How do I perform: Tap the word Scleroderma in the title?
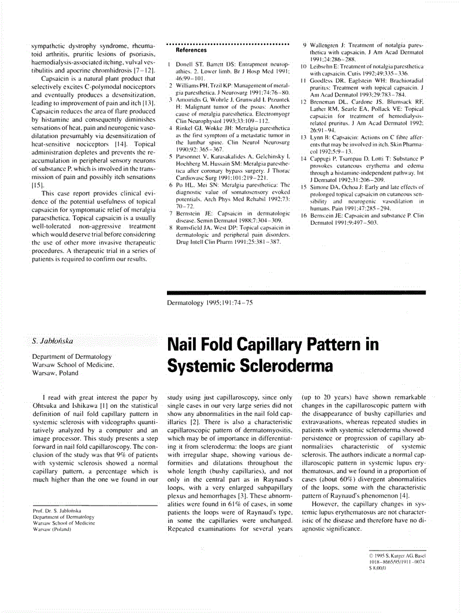tap(278, 366)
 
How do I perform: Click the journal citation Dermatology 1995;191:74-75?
tap(209, 302)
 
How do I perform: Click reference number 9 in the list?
tap(304, 44)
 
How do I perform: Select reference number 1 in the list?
tap(168, 64)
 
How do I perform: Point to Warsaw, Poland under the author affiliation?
tap(55, 373)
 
